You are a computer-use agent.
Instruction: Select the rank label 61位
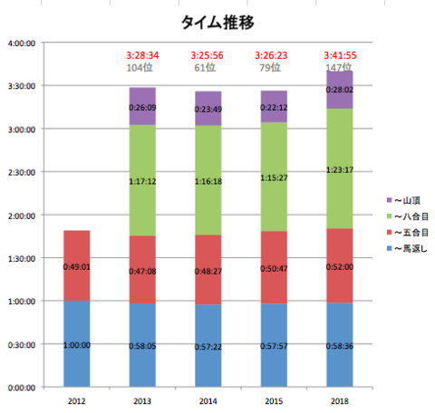click(x=208, y=67)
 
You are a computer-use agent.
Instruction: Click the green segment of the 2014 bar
click(x=208, y=179)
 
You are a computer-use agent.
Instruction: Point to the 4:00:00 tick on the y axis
click(x=22, y=43)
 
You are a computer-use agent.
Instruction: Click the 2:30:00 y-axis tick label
click(x=22, y=172)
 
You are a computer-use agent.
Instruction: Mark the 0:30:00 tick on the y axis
click(x=22, y=344)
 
